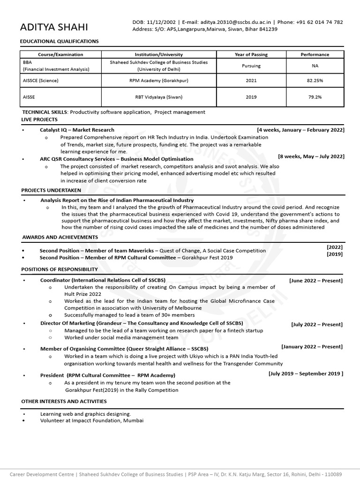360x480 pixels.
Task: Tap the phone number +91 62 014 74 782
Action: point(319,22)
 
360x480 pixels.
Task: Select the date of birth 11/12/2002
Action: point(161,22)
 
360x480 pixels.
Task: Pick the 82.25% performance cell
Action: point(315,81)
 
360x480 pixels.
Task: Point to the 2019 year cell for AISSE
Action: point(251,97)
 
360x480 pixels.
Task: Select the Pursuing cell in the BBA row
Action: point(251,66)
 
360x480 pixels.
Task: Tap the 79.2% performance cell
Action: point(315,97)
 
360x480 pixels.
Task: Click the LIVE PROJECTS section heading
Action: point(39,120)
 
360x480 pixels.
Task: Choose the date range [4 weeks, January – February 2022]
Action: point(300,130)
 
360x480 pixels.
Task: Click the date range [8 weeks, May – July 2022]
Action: point(311,156)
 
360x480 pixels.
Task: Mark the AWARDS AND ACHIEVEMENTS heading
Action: point(60,237)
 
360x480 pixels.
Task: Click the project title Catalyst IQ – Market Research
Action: point(77,130)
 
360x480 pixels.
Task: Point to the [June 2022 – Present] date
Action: point(316,281)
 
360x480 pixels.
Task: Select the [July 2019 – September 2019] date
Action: point(306,374)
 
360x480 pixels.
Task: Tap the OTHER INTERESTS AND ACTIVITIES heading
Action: point(64,401)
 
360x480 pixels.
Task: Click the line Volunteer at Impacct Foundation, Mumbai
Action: point(92,420)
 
